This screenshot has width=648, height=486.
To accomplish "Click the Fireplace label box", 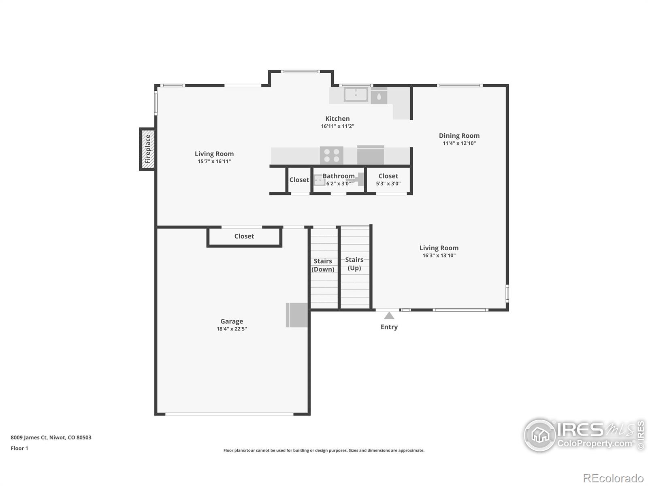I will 147,149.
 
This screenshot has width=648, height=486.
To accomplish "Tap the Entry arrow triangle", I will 389,316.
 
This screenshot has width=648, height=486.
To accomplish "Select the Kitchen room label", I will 337,119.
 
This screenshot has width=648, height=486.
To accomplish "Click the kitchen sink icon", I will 356,95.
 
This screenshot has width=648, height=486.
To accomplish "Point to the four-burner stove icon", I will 332,156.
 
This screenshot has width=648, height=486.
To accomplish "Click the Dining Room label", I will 459,136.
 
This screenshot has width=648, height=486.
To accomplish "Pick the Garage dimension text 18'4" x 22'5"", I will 232,329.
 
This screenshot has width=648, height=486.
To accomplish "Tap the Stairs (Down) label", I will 323,265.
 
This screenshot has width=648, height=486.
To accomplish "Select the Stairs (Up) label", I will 354,264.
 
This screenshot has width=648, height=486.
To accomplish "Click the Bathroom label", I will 339,176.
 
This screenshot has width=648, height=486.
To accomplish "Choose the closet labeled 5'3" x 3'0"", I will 388,180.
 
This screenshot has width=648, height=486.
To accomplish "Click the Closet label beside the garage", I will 244,236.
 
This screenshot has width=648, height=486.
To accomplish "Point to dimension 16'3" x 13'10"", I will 439,256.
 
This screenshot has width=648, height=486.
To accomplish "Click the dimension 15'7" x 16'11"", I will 214,161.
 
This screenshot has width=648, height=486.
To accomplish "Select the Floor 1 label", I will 19,448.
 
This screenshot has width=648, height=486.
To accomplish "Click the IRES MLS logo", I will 583,435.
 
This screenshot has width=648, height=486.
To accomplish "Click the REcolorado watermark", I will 613,478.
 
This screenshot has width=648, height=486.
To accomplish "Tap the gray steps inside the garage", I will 296,315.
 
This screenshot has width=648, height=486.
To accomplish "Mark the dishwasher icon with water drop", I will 379,96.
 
